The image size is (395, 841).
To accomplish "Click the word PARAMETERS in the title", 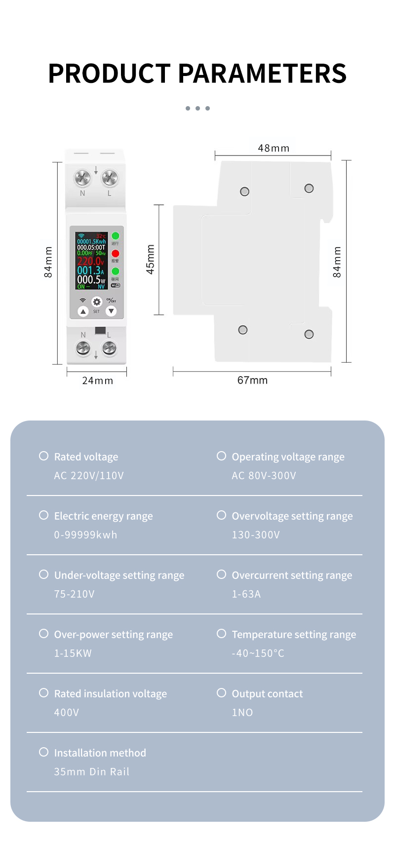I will [262, 74].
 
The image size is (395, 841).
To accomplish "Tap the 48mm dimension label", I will [274, 148].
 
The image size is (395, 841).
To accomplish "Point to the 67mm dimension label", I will [252, 380].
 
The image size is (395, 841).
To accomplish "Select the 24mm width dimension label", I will [97, 381].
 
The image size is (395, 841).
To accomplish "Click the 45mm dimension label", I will [150, 260].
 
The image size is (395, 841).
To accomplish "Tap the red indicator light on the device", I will [115, 253].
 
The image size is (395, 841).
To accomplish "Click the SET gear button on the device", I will [97, 302].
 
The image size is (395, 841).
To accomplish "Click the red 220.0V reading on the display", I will [90, 261].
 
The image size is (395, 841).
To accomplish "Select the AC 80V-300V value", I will [264, 476].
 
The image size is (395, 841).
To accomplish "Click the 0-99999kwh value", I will [85, 535].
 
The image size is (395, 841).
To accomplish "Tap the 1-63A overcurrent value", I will [246, 594].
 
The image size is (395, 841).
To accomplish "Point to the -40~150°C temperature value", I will [258, 653].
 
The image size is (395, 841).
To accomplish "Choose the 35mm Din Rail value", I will [91, 772].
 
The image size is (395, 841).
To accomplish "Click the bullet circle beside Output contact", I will [221, 693].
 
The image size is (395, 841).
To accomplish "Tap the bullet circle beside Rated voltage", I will [43, 456].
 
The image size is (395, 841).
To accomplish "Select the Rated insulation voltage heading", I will [110, 693].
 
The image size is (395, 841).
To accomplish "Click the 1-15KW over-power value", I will [73, 653].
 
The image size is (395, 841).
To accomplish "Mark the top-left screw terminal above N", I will [82, 177].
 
